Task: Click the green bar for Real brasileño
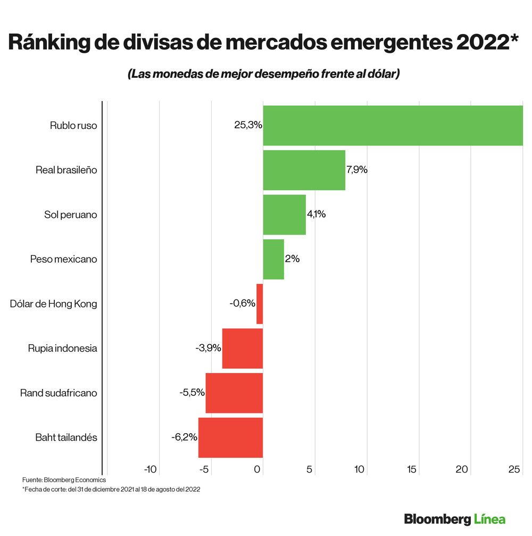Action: (x=304, y=170)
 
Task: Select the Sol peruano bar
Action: (x=284, y=215)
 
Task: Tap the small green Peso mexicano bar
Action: (x=273, y=259)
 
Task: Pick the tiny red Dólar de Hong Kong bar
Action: (x=260, y=304)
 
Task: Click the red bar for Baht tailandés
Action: (x=230, y=437)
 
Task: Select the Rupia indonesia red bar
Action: (x=242, y=348)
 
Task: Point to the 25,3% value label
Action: (x=248, y=125)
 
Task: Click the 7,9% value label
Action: (x=357, y=170)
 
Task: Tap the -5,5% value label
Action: (x=192, y=393)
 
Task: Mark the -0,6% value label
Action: (x=243, y=303)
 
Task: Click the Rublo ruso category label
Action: (x=73, y=126)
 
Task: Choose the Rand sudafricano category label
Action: (x=59, y=393)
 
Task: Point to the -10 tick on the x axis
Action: (x=151, y=469)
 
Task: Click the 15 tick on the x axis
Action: (x=411, y=469)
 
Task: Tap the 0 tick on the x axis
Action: (x=258, y=469)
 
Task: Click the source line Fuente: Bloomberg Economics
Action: (x=64, y=480)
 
